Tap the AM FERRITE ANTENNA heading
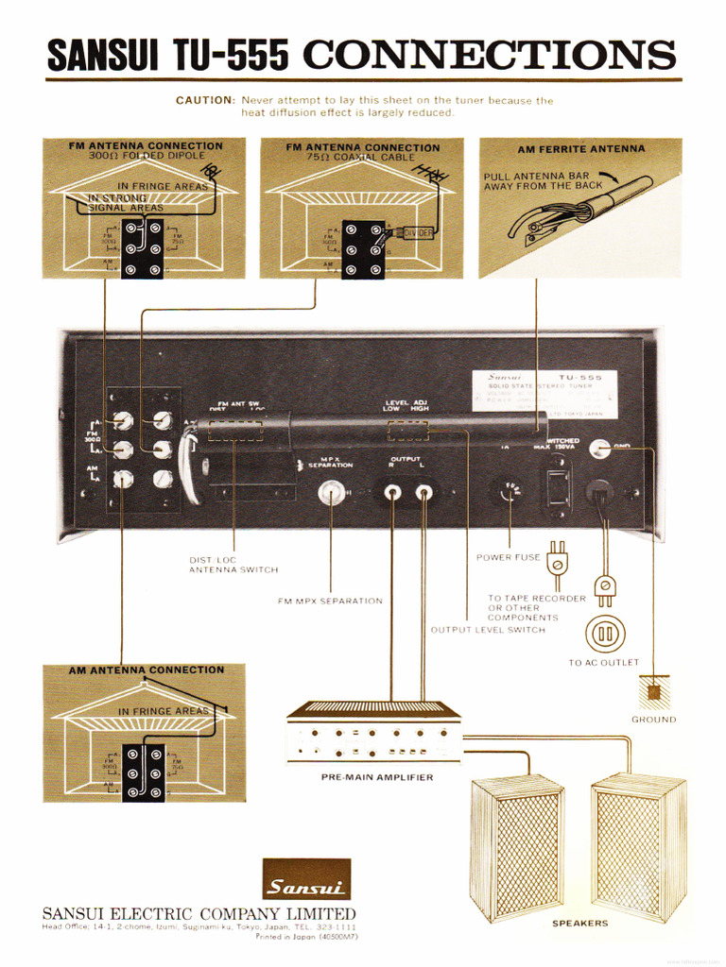click(x=580, y=148)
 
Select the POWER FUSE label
click(x=508, y=557)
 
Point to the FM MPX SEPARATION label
click(x=330, y=601)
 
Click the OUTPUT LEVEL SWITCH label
click(x=488, y=630)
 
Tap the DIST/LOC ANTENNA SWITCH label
click(x=233, y=565)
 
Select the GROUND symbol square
click(x=653, y=691)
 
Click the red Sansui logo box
click(x=305, y=879)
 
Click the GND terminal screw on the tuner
click(x=598, y=449)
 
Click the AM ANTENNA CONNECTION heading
click(x=147, y=670)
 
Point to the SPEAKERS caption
click(x=579, y=924)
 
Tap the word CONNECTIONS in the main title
click(x=489, y=57)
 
